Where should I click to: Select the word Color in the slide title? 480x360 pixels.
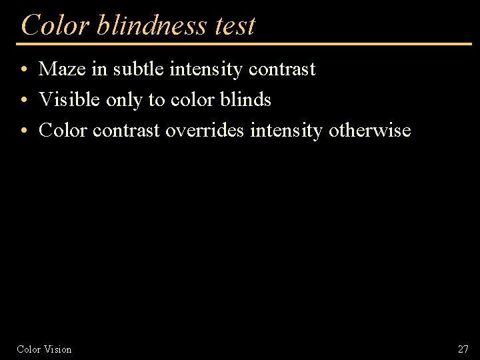click(x=55, y=25)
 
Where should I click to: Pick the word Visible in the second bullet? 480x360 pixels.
click(x=69, y=99)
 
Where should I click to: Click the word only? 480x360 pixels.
click(x=124, y=99)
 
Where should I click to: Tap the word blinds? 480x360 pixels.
click(x=246, y=99)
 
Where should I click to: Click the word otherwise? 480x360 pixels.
click(x=370, y=130)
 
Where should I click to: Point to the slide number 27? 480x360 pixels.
click(x=463, y=349)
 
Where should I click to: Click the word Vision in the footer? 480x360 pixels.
click(x=58, y=349)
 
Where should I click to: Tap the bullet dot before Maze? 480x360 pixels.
click(x=23, y=70)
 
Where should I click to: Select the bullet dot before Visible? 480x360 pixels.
click(x=23, y=101)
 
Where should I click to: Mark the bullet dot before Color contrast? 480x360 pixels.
click(x=23, y=131)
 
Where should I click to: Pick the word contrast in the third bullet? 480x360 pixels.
click(x=127, y=130)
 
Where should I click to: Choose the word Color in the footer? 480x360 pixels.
click(x=29, y=349)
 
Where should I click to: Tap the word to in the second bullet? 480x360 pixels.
click(x=157, y=99)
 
